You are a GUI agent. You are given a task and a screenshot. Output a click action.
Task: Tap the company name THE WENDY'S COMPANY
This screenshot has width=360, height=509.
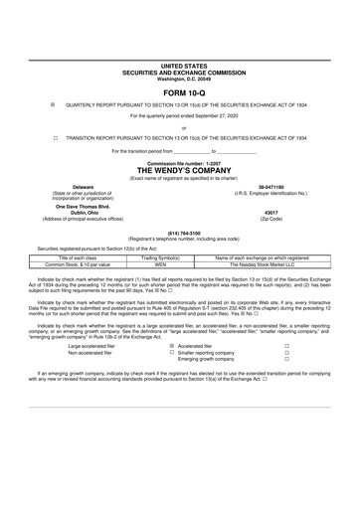tap(179, 170)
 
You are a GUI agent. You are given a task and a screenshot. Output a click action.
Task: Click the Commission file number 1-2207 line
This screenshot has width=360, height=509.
tap(179, 162)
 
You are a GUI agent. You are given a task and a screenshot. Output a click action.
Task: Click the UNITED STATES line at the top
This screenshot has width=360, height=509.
tap(179, 63)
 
